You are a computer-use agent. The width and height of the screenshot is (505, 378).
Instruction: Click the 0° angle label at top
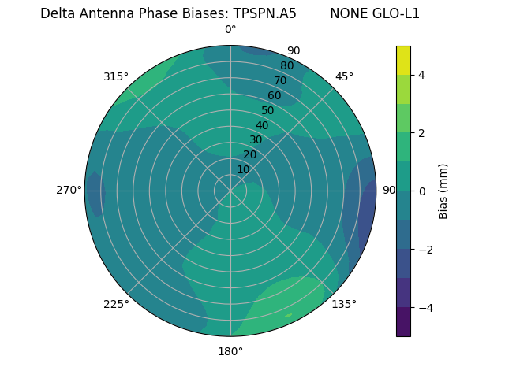click(230, 30)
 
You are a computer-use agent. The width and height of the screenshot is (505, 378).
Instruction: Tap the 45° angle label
click(344, 76)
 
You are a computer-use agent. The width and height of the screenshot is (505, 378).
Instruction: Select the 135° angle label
click(344, 304)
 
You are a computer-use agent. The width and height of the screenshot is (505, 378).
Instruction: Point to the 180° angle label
click(230, 351)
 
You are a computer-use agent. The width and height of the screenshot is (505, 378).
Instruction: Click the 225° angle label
click(116, 304)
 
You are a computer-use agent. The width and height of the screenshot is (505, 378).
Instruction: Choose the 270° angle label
click(69, 190)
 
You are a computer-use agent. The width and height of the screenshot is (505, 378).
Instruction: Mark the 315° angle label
click(116, 76)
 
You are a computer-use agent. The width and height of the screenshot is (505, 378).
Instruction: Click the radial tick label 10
click(243, 169)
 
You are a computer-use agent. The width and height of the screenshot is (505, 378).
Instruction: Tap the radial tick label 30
click(256, 140)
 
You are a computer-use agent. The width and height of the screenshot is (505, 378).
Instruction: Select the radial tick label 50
click(268, 110)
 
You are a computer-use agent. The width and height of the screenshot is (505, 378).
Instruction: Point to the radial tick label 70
click(280, 80)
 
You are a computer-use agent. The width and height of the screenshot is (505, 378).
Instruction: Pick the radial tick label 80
click(286, 66)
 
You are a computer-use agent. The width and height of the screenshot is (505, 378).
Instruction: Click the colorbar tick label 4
click(422, 75)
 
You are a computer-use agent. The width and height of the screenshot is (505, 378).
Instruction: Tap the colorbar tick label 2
click(422, 133)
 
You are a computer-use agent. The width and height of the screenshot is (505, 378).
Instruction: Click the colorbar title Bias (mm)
click(443, 191)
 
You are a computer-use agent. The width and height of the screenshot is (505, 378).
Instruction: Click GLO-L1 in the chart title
click(397, 13)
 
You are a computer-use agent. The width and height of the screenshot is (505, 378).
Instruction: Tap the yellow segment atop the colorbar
click(403, 60)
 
